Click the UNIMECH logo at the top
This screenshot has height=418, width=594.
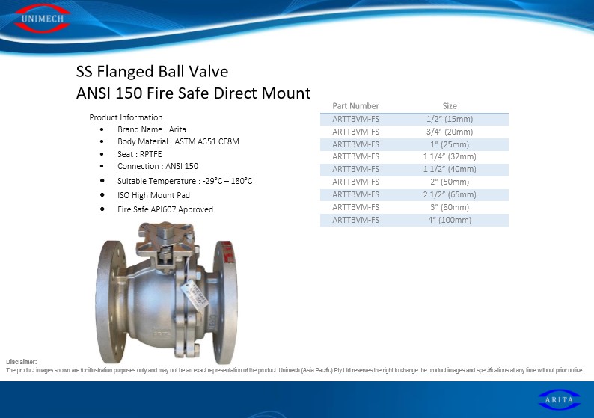(x=42, y=18)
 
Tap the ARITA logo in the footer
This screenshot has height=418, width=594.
(x=559, y=399)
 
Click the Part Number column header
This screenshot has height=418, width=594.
(x=355, y=106)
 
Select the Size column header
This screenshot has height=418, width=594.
(x=450, y=106)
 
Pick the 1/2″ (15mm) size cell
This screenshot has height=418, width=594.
(x=450, y=119)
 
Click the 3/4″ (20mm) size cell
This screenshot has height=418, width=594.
(x=450, y=132)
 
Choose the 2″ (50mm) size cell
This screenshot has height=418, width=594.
(x=450, y=182)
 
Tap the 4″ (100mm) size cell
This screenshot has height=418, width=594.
(x=450, y=220)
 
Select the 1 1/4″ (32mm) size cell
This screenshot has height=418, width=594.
(x=450, y=156)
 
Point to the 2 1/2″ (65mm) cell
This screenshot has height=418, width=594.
(x=450, y=194)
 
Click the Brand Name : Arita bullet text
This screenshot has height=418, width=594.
(x=152, y=129)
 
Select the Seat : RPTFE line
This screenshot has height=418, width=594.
(x=139, y=154)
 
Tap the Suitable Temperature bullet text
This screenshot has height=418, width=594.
(x=185, y=181)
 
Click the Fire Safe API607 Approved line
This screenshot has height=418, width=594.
(x=165, y=209)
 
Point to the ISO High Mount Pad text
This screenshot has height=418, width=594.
(x=153, y=195)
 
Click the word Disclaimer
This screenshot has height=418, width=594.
(x=21, y=362)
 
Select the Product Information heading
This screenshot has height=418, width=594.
(x=126, y=117)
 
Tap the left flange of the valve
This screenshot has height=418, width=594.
(x=111, y=301)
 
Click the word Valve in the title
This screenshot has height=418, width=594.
(x=209, y=71)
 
